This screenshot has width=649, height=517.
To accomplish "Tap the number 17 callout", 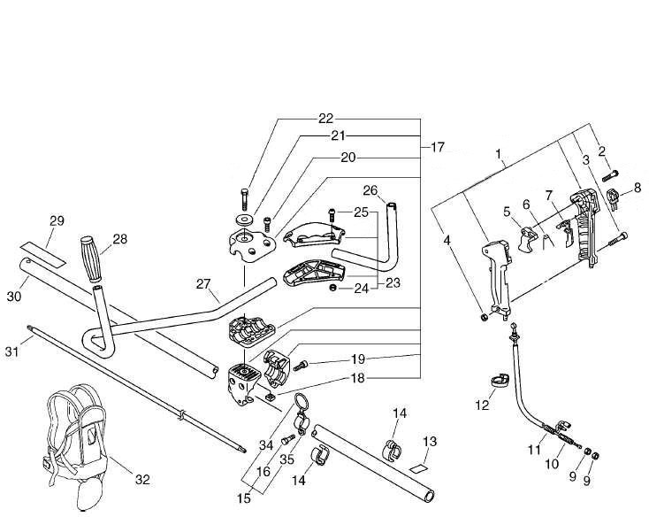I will pyautogui.click(x=437, y=146).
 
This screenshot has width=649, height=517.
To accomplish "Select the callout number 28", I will pyautogui.click(x=120, y=239).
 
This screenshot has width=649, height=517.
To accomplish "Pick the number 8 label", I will pyautogui.click(x=636, y=187).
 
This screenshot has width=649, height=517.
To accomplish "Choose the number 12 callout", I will pyautogui.click(x=482, y=405).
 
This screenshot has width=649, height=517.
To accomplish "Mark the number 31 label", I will pyautogui.click(x=13, y=351).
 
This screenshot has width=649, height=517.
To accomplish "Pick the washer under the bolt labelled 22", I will pyautogui.click(x=242, y=219).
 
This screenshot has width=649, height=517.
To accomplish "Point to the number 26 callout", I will pyautogui.click(x=370, y=189).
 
